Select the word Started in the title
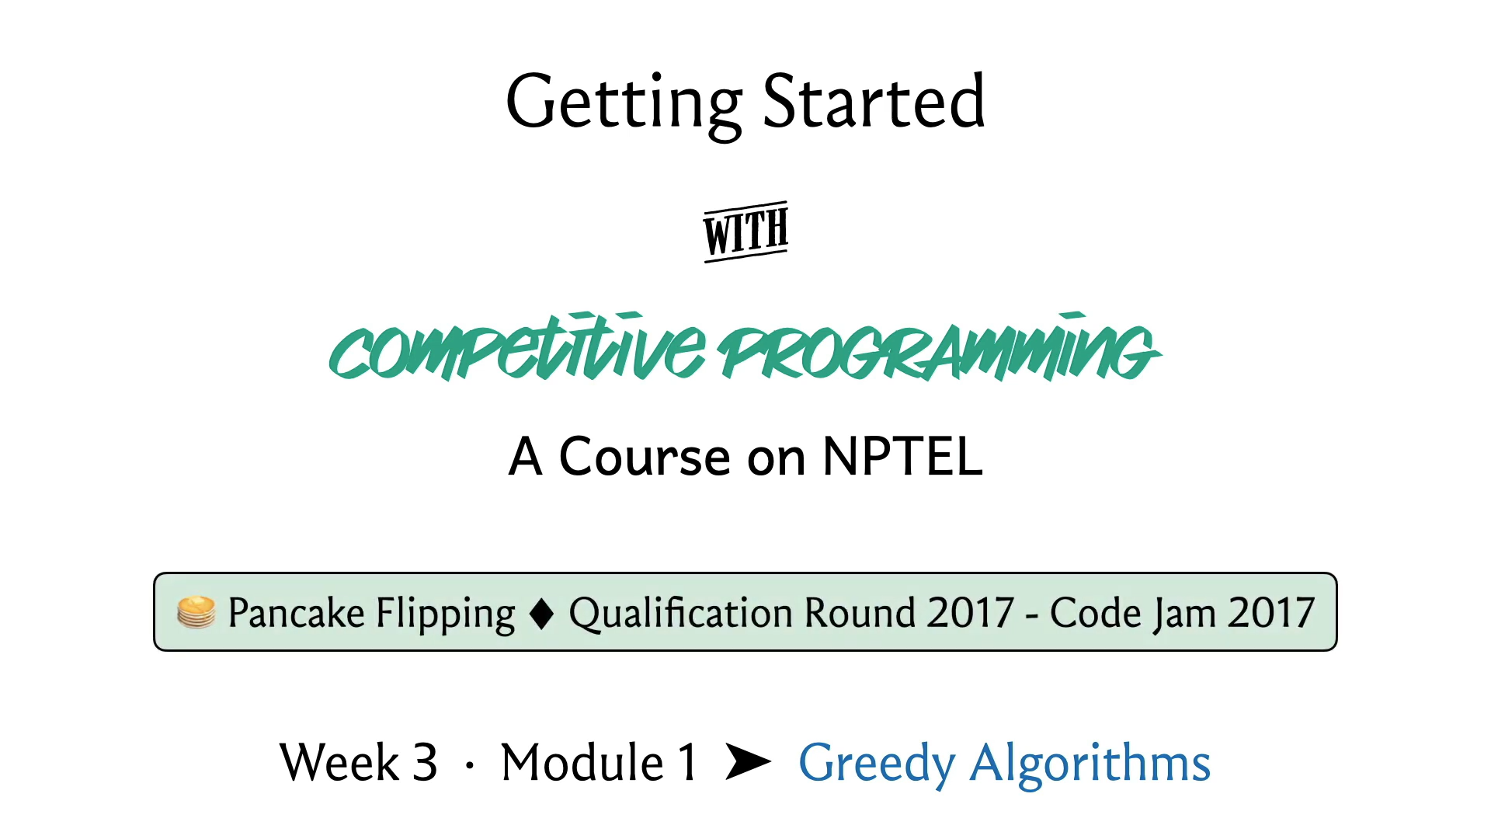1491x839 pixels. (x=874, y=101)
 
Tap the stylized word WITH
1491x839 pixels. (x=745, y=232)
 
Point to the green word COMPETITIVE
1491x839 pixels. (x=517, y=347)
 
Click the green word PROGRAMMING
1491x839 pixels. (x=939, y=347)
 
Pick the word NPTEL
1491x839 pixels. (x=902, y=456)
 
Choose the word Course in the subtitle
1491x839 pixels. (x=645, y=456)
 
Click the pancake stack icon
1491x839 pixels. (x=196, y=612)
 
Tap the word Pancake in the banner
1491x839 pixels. (x=296, y=612)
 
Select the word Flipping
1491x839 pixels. (x=446, y=614)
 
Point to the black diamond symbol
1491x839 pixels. (x=541, y=614)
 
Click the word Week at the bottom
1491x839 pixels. (x=339, y=762)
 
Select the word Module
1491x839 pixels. (x=582, y=762)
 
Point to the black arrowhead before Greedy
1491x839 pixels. (x=749, y=761)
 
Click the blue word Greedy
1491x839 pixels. (x=877, y=764)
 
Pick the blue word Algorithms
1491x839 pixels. (x=1090, y=764)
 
